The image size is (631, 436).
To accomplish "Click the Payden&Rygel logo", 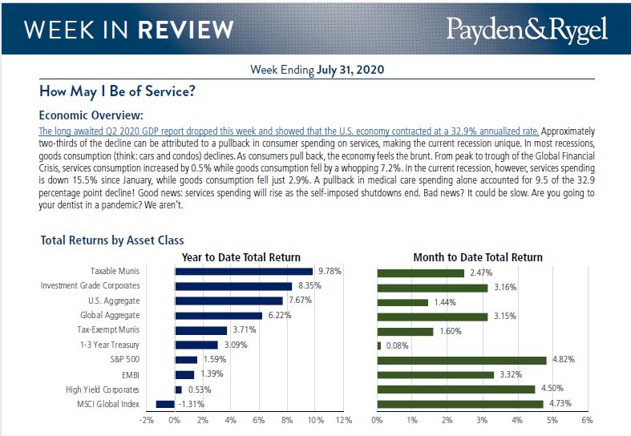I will tap(527, 30).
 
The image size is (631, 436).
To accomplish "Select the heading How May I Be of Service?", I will tap(117, 91).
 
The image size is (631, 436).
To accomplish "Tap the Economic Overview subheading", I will tap(91, 115).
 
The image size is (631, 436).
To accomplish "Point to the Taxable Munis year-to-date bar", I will tap(244, 272).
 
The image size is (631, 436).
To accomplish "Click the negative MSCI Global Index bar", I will tap(165, 404).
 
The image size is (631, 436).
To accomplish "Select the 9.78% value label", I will tap(330, 272).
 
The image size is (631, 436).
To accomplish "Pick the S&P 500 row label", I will tap(123, 359).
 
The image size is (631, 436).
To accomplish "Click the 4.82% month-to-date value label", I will tap(563, 359).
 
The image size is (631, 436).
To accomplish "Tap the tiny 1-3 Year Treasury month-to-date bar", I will tap(379, 345).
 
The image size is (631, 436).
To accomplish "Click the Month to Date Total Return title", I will tap(477, 257).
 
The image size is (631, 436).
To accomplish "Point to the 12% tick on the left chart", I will tap(343, 420).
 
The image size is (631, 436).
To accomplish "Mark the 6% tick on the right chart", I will tap(587, 420).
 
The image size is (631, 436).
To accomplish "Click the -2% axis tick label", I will tap(146, 420).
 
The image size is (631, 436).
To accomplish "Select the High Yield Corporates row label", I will tap(103, 389).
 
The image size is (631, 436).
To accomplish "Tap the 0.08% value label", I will tap(398, 345).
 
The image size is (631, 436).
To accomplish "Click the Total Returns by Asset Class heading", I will tap(111, 240).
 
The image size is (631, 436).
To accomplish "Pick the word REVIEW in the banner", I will tap(185, 30).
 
